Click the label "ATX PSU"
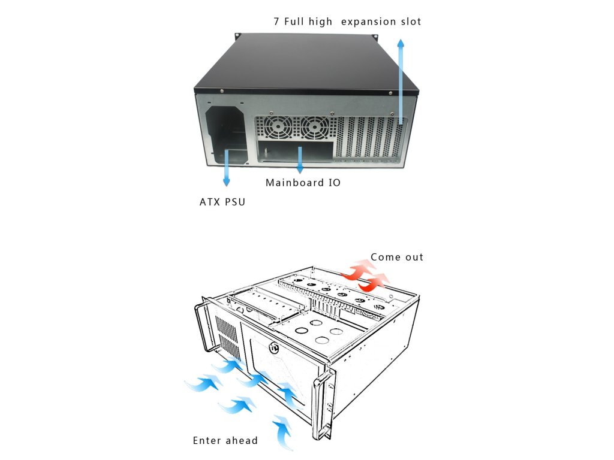222,202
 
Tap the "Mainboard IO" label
303,183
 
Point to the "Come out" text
397,257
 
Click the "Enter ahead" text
225,441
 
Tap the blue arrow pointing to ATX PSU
227,170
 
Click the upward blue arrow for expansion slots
401,78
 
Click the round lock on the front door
274,347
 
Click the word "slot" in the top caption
410,22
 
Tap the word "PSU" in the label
234,202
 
